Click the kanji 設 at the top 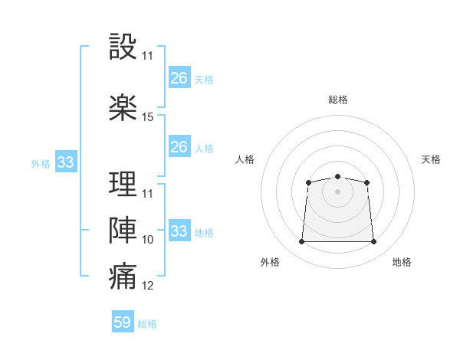tap(123, 47)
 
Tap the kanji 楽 tap(123, 108)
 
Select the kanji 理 tap(123, 185)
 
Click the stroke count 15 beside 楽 tap(148, 117)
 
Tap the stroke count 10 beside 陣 tap(148, 240)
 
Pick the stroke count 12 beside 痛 tap(148, 286)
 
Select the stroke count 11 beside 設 tap(148, 56)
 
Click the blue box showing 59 tap(123, 322)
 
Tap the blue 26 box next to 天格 tap(179, 78)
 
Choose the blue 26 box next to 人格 tap(179, 147)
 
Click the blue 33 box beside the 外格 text tap(65, 162)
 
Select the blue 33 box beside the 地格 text tap(179, 231)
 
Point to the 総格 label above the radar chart tap(337, 100)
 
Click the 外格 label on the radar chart tap(270, 262)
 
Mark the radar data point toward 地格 tap(374, 242)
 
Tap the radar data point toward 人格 tap(308, 182)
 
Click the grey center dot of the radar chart tap(337, 191)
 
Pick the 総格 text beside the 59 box tap(147, 324)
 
